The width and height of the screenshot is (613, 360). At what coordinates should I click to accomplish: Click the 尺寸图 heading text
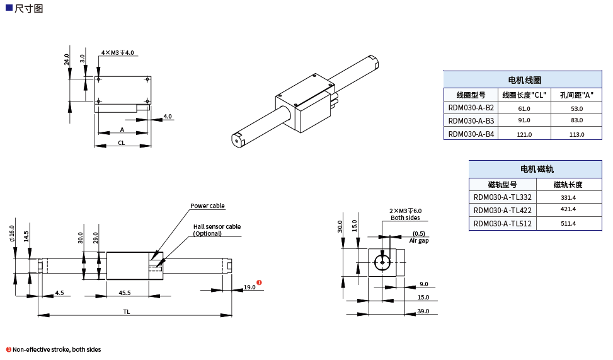point(28,8)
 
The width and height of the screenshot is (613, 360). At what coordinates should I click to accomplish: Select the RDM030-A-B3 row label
point(471,120)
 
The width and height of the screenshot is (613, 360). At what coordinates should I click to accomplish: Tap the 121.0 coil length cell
point(524,134)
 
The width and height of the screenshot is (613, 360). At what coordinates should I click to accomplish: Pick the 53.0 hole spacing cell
point(576,108)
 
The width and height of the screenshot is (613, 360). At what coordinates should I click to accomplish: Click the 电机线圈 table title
point(524,80)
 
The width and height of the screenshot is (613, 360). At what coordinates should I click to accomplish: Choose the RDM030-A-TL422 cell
point(502,211)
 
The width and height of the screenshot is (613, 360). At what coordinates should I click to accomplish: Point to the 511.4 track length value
point(568,224)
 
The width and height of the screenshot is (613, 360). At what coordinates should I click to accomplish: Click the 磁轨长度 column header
point(568,185)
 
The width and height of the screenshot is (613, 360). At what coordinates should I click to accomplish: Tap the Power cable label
point(207,206)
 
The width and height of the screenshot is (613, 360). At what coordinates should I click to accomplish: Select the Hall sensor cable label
point(217,227)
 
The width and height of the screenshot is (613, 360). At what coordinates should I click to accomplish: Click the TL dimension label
point(127,311)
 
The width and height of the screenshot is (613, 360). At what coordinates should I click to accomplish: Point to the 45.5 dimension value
point(125,293)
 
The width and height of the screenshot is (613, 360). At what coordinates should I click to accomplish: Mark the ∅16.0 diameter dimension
point(12,234)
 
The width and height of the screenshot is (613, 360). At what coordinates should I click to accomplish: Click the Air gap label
point(419,240)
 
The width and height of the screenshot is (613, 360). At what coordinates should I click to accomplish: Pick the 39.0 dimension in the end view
point(423,311)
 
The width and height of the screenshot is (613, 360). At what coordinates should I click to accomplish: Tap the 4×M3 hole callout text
point(117,53)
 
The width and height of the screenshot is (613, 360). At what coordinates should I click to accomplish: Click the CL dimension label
point(122,143)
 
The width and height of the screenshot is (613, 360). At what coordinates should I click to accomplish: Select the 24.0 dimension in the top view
point(67,59)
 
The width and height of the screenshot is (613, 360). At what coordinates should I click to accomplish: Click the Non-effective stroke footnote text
point(56,349)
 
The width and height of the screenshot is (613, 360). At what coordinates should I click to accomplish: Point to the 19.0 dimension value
point(249,287)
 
